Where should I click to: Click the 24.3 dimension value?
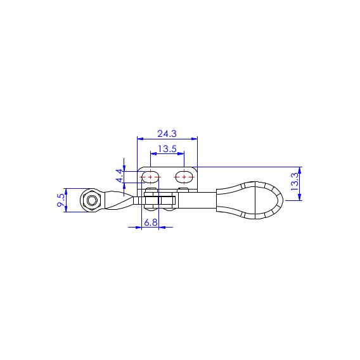pos(167,134)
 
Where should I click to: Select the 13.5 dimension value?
pos(167,149)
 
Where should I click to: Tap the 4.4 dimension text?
pos(120,176)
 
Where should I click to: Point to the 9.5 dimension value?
pos(61,200)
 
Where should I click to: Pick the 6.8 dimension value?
pos(151,222)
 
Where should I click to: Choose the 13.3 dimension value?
pos(294,182)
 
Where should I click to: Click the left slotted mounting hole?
pos(150,177)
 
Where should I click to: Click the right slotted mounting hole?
pos(184,177)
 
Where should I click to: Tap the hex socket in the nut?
pos(92,200)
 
